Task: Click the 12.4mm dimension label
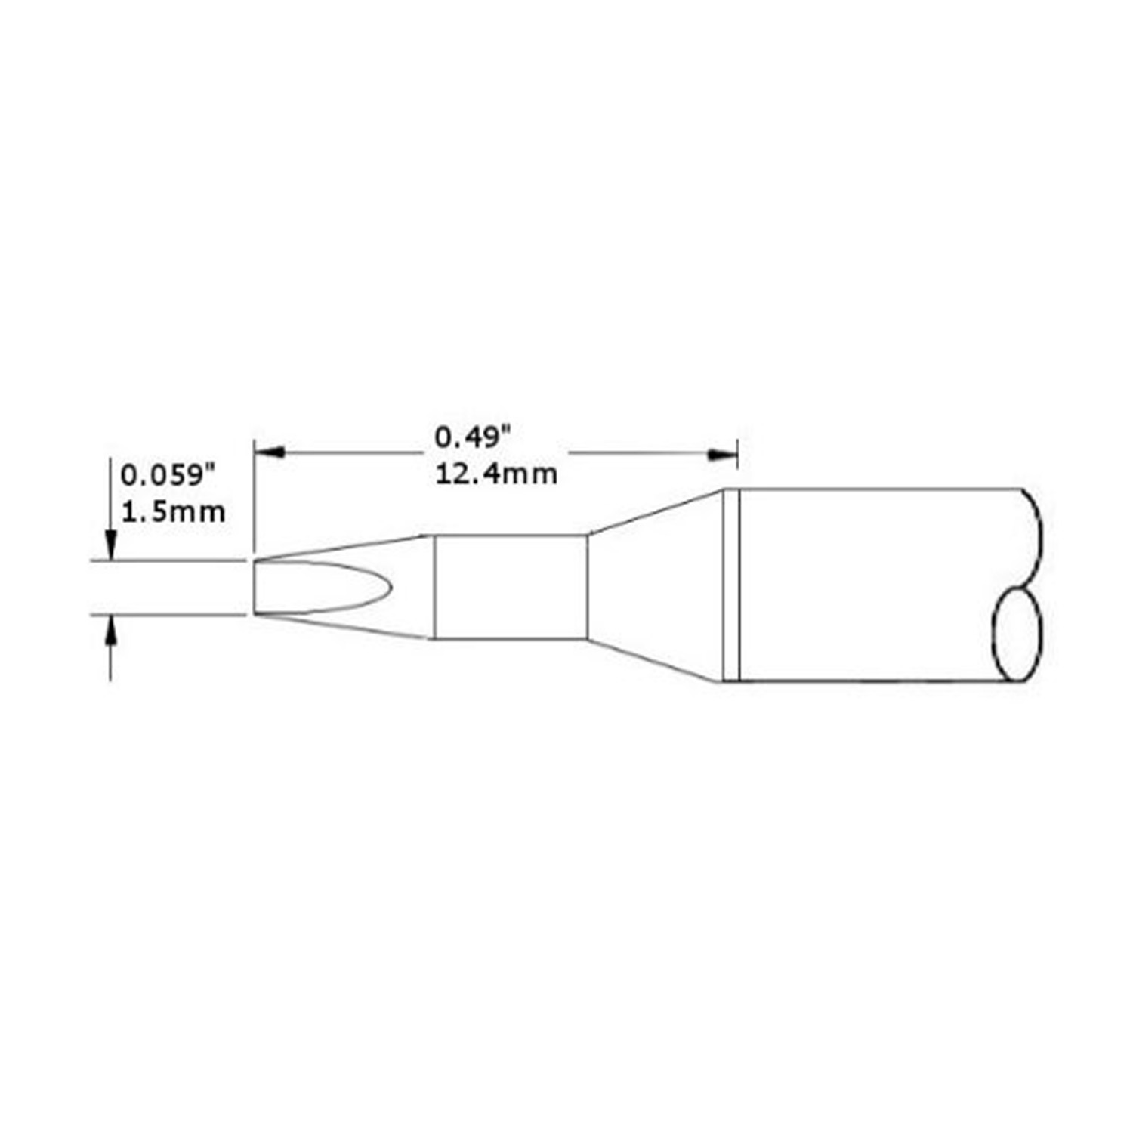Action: [x=496, y=474]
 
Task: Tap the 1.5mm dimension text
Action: [x=173, y=513]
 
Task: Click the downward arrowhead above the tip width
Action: [x=111, y=547]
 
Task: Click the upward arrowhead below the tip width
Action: [x=111, y=628]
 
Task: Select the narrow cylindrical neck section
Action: [x=510, y=587]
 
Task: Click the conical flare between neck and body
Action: [x=654, y=587]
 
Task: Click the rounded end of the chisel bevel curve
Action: [x=387, y=586]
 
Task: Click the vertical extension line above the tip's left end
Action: [x=254, y=499]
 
